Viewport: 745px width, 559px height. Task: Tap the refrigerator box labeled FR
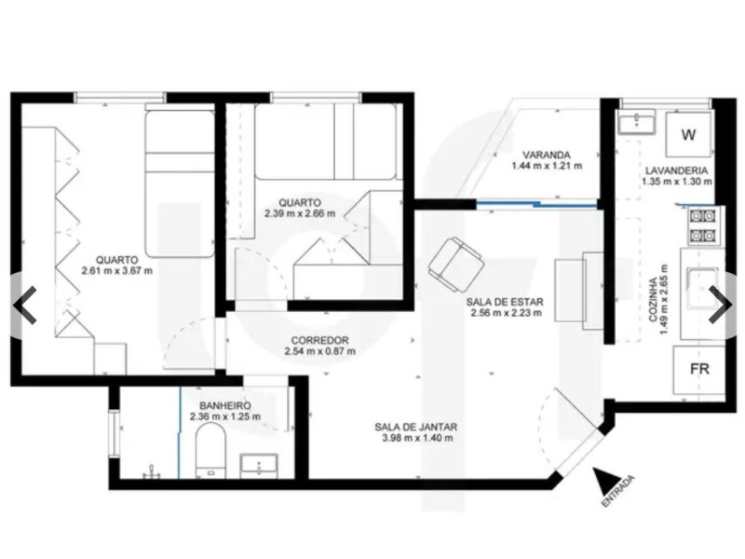(x=699, y=368)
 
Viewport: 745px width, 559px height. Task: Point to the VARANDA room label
(x=547, y=156)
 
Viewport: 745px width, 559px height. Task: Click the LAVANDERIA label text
(x=677, y=171)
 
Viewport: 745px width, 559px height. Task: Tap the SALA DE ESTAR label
(x=506, y=302)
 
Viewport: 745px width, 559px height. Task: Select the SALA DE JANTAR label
(x=415, y=428)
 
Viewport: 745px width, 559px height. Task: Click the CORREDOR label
(x=319, y=340)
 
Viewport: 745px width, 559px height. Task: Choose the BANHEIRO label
(x=225, y=405)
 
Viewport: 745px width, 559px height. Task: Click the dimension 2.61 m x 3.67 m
(x=116, y=271)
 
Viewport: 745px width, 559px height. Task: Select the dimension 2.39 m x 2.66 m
(x=300, y=213)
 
